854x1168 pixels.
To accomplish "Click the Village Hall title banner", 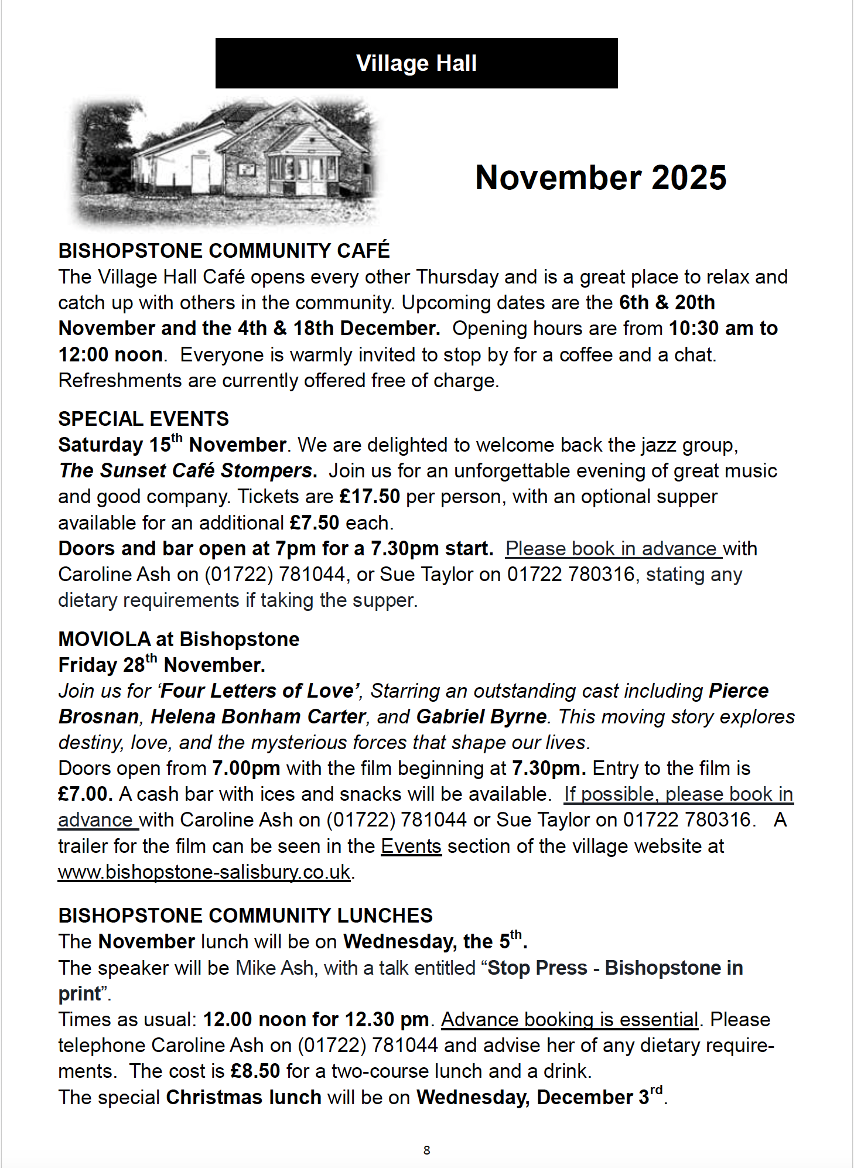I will click(416, 63).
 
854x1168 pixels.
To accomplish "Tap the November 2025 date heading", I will click(600, 177).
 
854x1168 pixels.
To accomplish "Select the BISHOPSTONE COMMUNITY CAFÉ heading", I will click(224, 251).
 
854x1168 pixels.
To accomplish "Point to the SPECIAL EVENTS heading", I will click(144, 419).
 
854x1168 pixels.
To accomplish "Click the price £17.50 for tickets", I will click(370, 497).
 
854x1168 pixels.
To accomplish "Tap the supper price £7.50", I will click(315, 522).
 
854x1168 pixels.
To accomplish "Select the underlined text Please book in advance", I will click(613, 549).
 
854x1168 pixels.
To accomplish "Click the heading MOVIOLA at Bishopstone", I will click(179, 639).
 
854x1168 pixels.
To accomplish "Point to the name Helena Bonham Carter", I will click(258, 717).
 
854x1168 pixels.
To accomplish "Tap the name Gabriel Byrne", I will click(481, 717).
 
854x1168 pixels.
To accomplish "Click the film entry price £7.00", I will click(86, 794).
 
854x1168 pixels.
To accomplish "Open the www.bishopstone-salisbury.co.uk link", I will click(204, 872).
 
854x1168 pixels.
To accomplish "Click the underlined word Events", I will click(411, 846).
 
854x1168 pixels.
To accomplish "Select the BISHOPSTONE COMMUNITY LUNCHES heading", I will click(245, 916).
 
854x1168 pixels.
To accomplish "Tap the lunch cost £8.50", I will click(255, 1071).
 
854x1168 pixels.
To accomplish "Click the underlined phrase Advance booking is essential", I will click(569, 1020).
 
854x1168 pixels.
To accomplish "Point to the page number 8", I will click(427, 1150).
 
